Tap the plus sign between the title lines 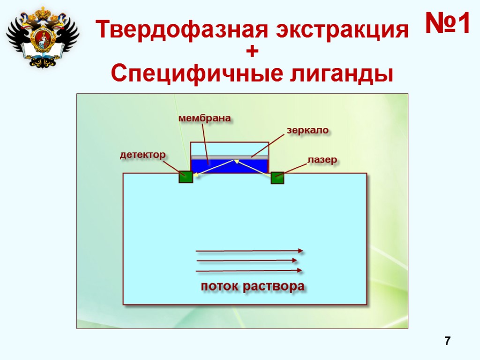pyautogui.click(x=252, y=52)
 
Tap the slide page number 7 pyautogui.click(x=448, y=341)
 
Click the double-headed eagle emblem pyautogui.click(x=42, y=37)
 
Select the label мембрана pyautogui.click(x=205, y=119)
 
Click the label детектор pyautogui.click(x=143, y=155)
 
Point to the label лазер pyautogui.click(x=322, y=160)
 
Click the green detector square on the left pyautogui.click(x=186, y=177)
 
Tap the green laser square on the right pyautogui.click(x=277, y=178)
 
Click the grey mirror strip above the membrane pyautogui.click(x=230, y=157)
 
